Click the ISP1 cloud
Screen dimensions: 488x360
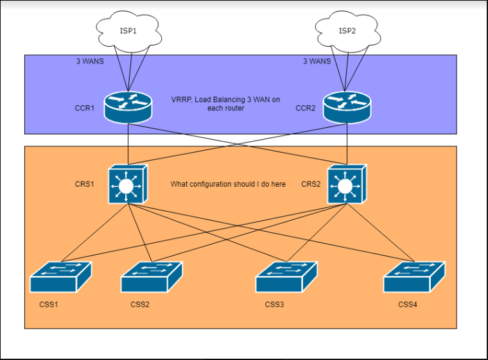pos(128,31)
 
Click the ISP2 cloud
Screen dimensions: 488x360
pos(347,31)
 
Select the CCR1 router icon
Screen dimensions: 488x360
pos(128,107)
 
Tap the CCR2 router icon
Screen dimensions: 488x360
pos(347,107)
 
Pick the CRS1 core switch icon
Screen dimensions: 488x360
pos(128,184)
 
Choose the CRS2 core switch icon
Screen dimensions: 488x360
pos(347,184)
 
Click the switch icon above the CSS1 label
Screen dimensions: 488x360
pos(61,277)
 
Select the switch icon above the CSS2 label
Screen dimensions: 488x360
pos(152,277)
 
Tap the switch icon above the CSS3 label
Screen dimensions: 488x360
pos(286,277)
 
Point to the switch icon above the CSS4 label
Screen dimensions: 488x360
pos(414,277)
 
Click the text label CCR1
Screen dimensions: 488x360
pos(84,108)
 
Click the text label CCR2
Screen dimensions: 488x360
pos(305,108)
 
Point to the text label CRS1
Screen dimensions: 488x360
pos(84,184)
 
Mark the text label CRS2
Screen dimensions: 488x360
pos(311,184)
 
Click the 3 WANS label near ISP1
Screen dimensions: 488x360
pos(90,62)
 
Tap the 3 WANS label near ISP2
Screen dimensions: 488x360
pos(317,62)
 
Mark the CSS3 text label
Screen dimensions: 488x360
pos(274,304)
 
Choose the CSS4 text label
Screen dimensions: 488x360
pos(407,304)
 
